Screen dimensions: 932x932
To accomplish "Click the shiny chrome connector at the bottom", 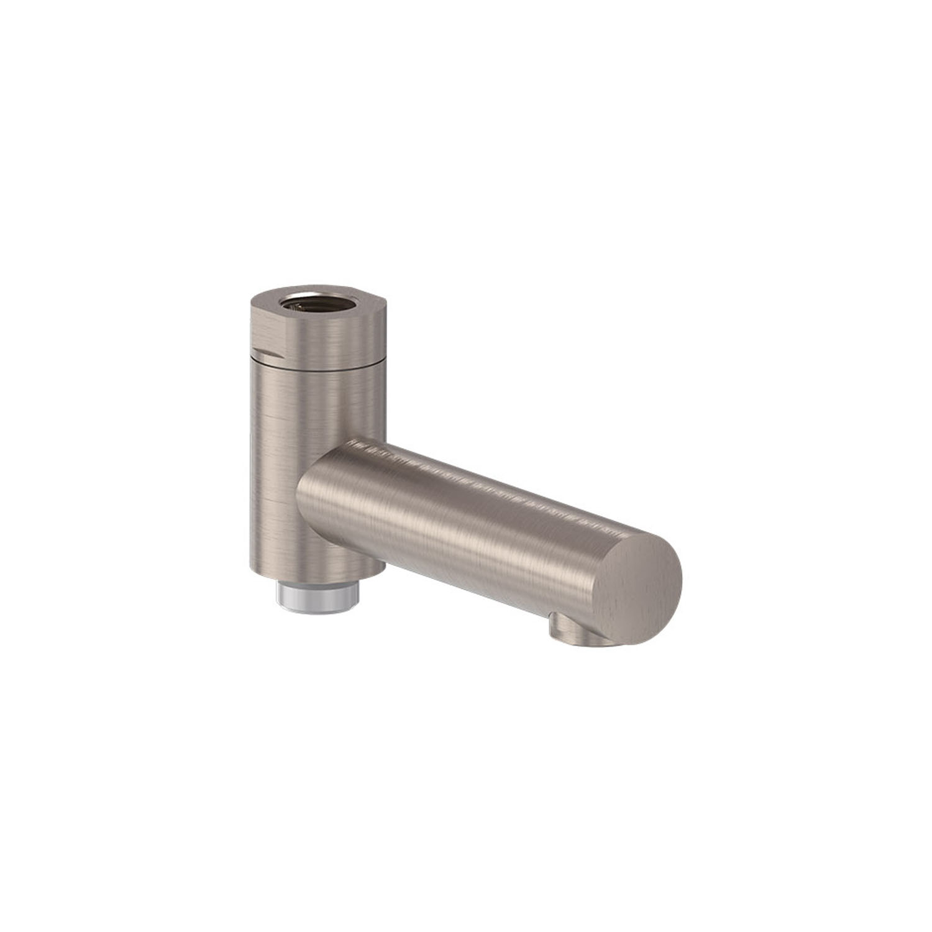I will click(x=318, y=598).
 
